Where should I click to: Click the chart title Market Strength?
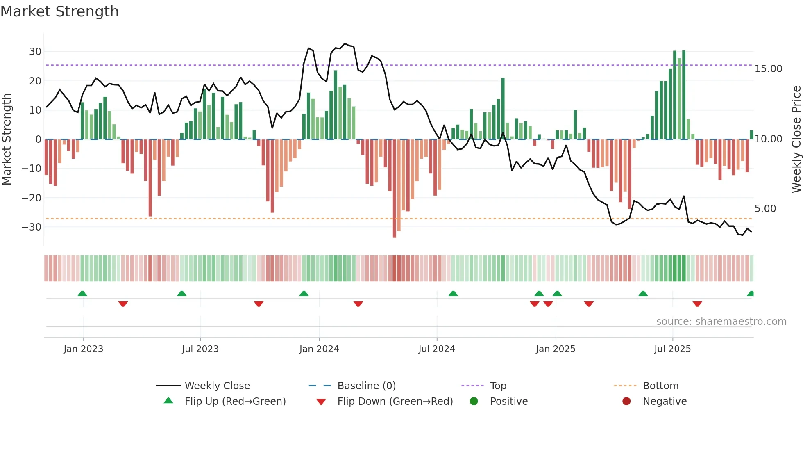pos(59,11)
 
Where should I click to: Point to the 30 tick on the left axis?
pos(35,52)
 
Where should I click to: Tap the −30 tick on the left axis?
pos(32,227)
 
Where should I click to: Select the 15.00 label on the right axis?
pos(768,69)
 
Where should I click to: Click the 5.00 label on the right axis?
pos(765,209)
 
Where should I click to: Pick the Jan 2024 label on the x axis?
pos(319,349)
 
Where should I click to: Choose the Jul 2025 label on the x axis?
pos(672,349)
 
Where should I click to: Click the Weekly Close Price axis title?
pos(796,139)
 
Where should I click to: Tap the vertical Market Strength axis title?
pos(7,139)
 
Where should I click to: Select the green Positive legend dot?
pos(474,402)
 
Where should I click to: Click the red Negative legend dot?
pos(626,402)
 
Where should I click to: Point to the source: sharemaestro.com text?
pos(721,322)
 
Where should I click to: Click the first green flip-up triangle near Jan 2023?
pos(82,294)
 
